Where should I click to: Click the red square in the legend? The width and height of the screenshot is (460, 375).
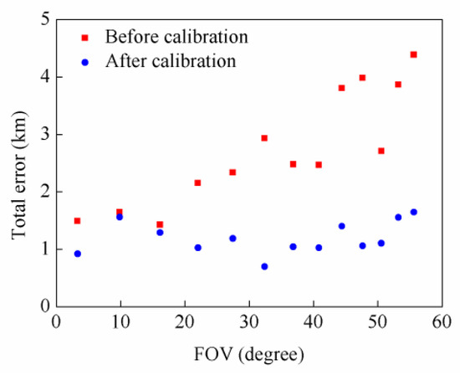[x=84, y=38]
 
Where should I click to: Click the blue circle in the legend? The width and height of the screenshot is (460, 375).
[x=84, y=61]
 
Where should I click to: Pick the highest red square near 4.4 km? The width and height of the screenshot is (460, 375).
[x=413, y=54]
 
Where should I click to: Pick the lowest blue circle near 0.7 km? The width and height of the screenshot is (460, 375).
[x=264, y=266]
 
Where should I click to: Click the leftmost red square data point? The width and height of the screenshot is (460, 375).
[x=77, y=221]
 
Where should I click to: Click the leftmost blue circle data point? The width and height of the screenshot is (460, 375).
[x=77, y=254]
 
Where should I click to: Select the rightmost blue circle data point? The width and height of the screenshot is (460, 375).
[x=413, y=212]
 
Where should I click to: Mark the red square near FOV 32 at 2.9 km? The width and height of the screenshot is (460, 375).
[x=264, y=138]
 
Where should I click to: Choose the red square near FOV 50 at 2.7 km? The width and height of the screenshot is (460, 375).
[x=381, y=151]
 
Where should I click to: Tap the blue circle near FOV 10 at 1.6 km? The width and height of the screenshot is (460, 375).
[x=120, y=217]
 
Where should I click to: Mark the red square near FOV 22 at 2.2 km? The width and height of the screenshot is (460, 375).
[x=197, y=182]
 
